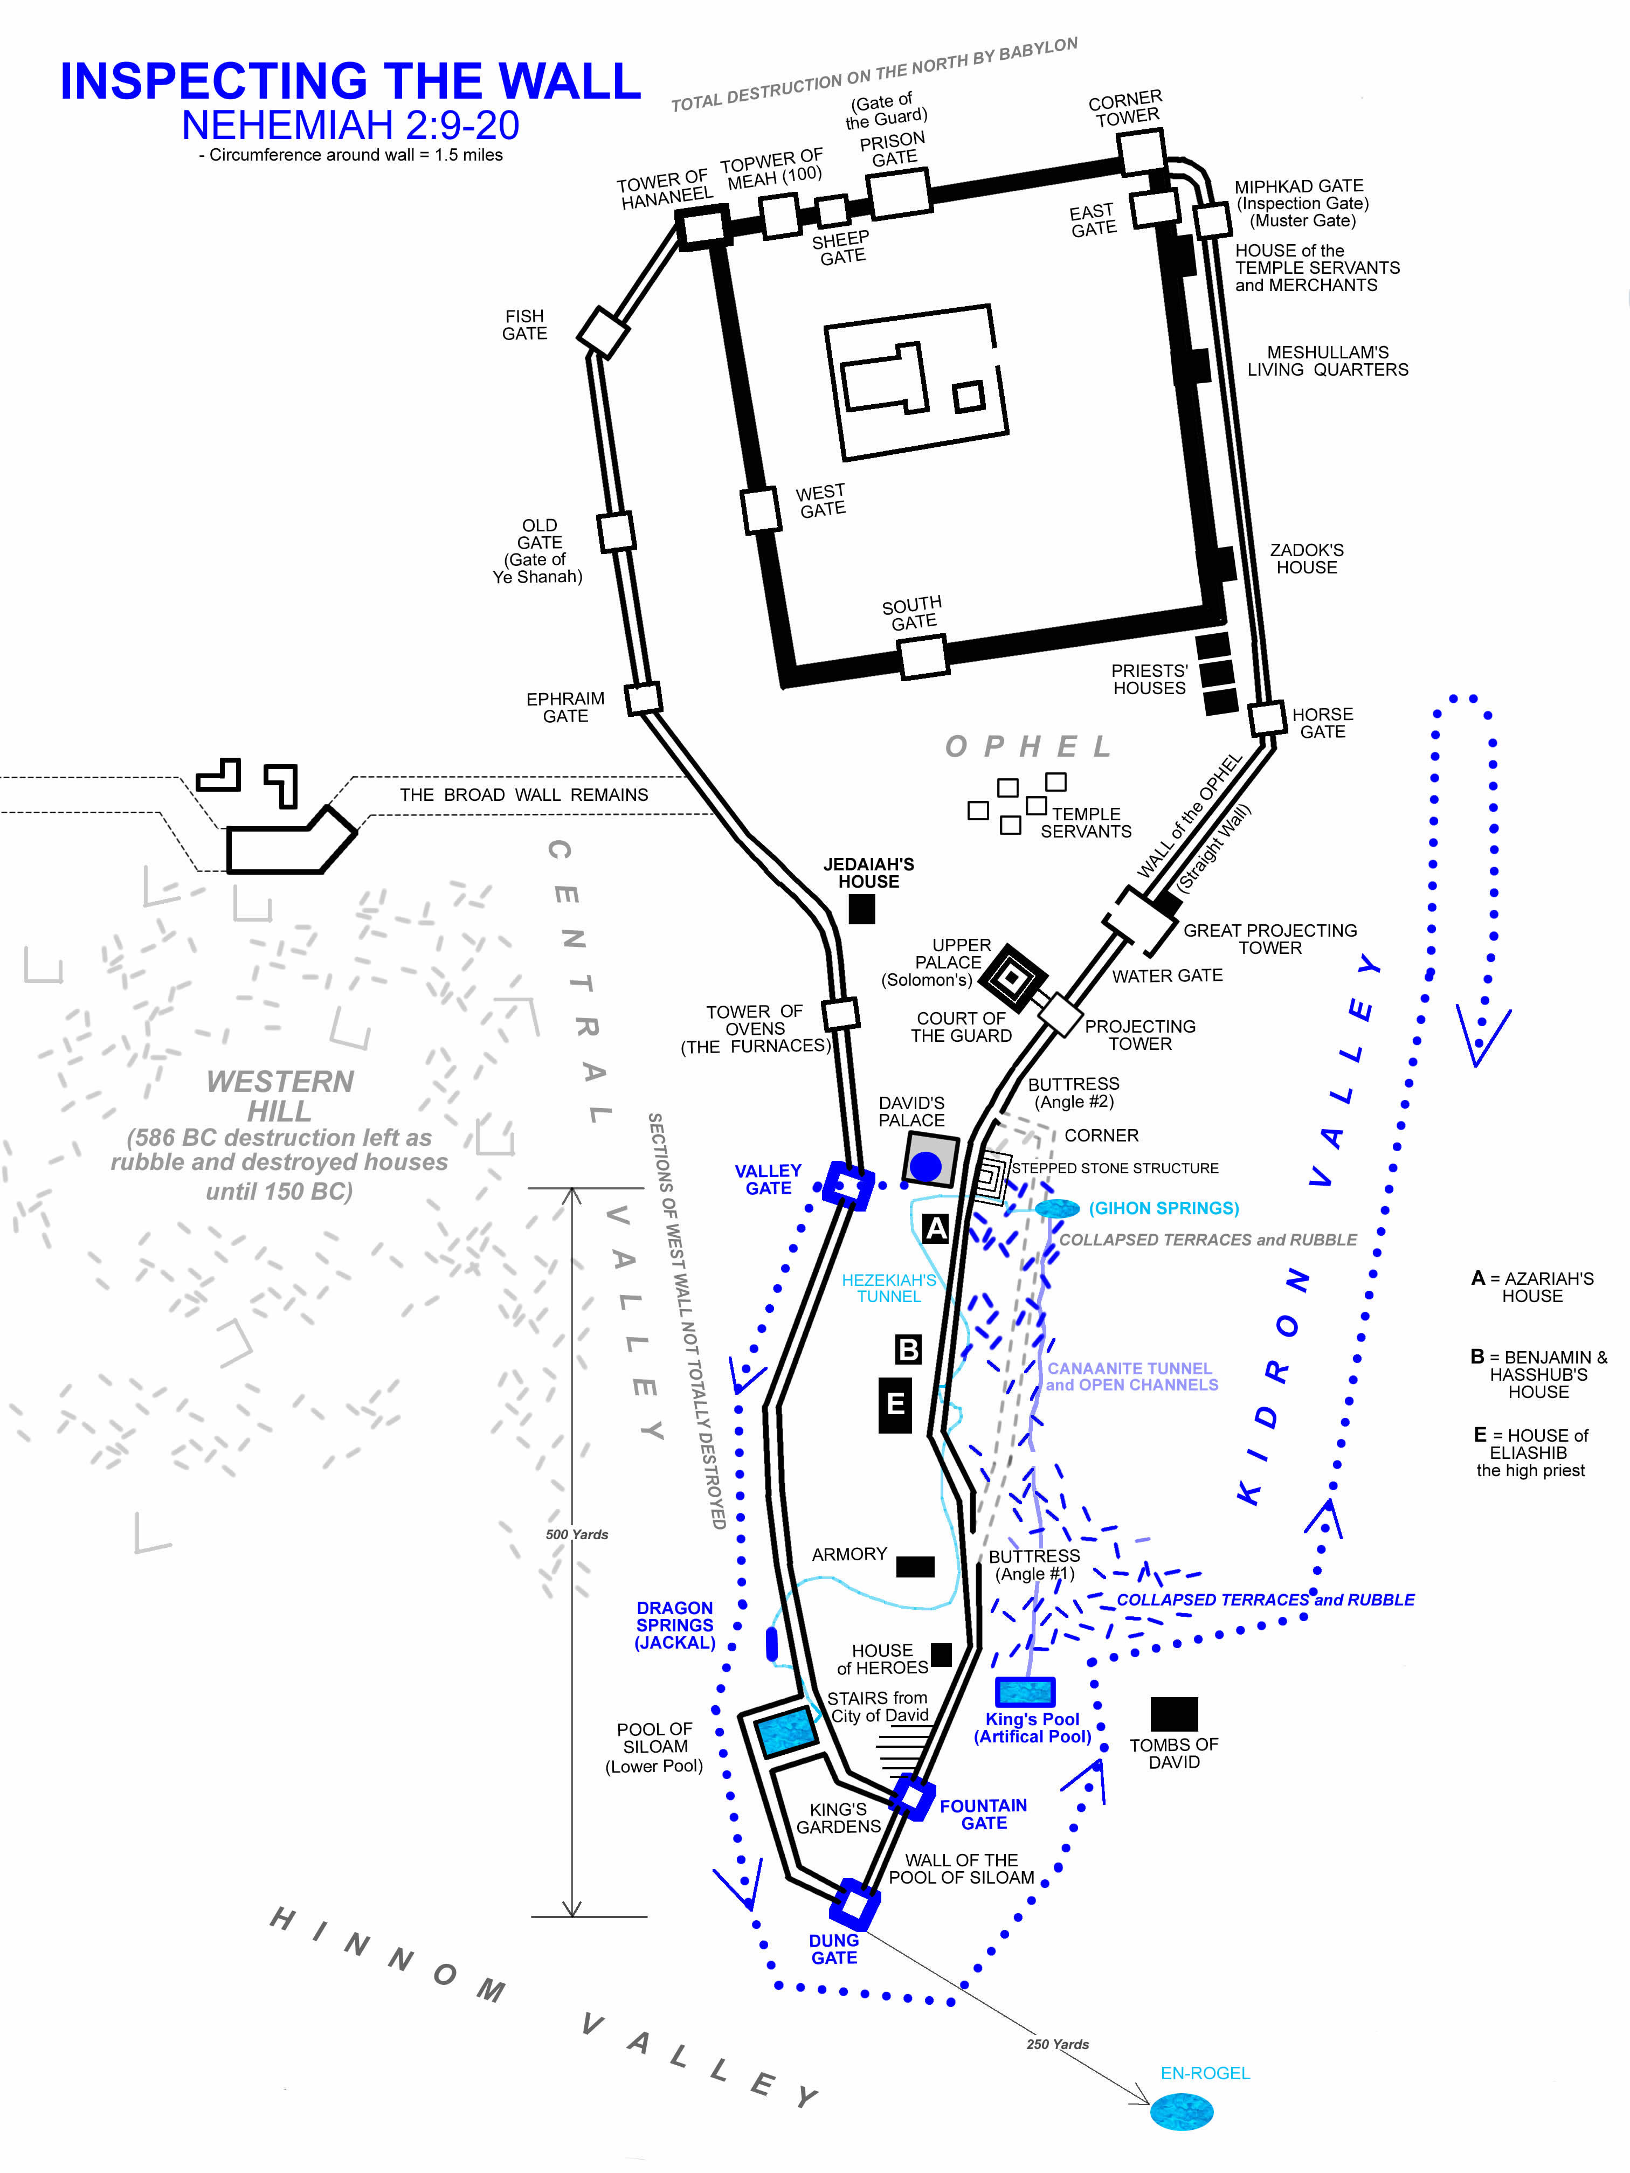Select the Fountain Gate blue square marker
click(912, 1798)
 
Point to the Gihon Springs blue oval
click(1057, 1208)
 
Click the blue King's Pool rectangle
click(1025, 1692)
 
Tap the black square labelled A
click(935, 1228)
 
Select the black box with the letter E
click(895, 1405)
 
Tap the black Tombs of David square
click(1174, 1714)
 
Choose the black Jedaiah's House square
click(862, 910)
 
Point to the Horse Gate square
click(1267, 718)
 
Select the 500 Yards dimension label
click(577, 1534)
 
